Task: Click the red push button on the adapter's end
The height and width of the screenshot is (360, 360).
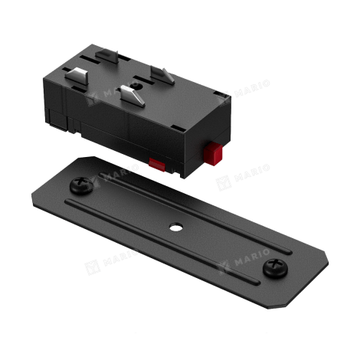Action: (213, 154)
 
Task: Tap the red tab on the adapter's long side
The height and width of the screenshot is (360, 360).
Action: (157, 165)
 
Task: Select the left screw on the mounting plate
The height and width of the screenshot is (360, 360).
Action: (81, 185)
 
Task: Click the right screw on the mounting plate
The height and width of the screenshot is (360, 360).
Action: (275, 268)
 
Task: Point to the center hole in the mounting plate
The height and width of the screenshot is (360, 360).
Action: (176, 227)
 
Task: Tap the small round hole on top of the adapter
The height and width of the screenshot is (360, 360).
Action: (139, 87)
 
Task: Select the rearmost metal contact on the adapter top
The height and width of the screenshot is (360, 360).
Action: (107, 55)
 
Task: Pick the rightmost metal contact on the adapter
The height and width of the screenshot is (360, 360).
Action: (162, 74)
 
